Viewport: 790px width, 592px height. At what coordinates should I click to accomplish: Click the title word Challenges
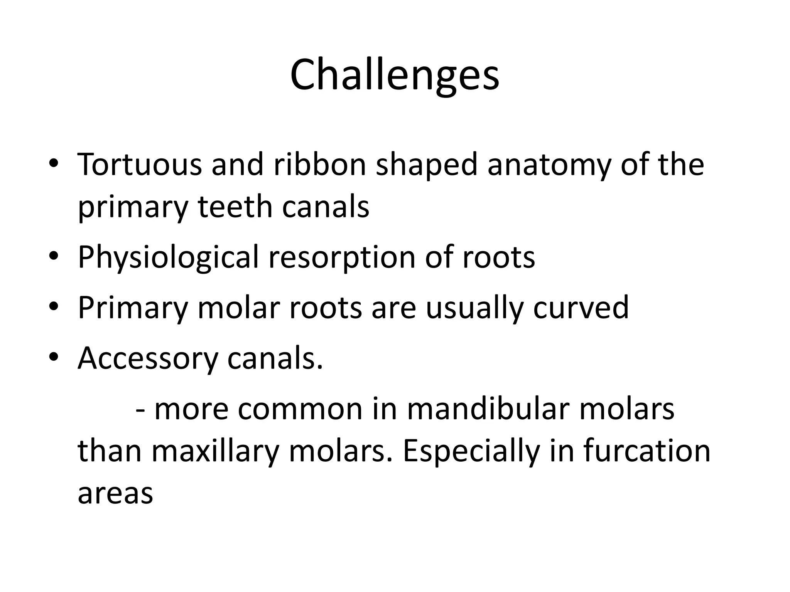395,75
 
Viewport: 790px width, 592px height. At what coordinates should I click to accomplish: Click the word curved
581,308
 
